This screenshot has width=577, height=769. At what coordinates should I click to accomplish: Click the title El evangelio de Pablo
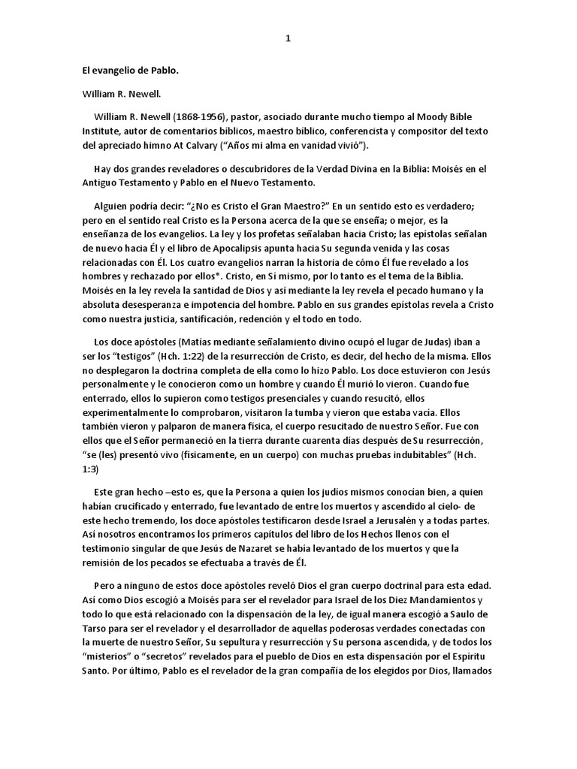click(x=131, y=73)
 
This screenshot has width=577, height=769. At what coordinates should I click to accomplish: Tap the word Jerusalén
click(x=402, y=520)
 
